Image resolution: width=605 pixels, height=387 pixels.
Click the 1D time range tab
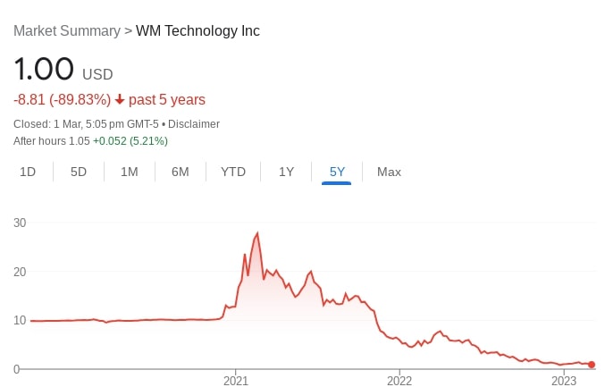click(28, 172)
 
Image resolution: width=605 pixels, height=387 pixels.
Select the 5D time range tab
click(79, 172)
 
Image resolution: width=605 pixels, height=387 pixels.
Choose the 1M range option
click(130, 172)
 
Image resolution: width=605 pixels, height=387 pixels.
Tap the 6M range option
click(181, 172)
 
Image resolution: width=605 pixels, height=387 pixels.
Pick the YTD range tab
click(233, 172)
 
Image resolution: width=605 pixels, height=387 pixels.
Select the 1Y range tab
click(286, 172)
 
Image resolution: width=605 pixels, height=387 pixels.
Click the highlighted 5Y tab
click(337, 172)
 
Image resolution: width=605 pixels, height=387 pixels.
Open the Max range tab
click(389, 172)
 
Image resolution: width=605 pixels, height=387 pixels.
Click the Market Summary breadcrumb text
click(67, 31)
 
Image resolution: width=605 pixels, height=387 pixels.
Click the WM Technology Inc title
click(197, 31)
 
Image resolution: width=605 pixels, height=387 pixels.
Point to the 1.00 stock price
click(43, 71)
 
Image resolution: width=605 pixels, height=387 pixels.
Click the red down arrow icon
click(120, 100)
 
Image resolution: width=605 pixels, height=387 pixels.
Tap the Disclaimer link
click(194, 124)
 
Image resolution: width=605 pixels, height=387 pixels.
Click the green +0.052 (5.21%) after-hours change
click(130, 141)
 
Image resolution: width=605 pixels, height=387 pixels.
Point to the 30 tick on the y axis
click(20, 223)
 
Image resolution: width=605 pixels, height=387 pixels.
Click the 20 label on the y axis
click(20, 272)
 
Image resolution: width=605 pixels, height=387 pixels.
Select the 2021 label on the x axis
click(235, 381)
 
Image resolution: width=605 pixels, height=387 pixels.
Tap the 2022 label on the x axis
click(399, 381)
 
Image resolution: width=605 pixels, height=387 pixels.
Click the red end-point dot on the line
click(592, 365)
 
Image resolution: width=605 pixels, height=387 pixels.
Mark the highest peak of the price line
click(257, 233)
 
